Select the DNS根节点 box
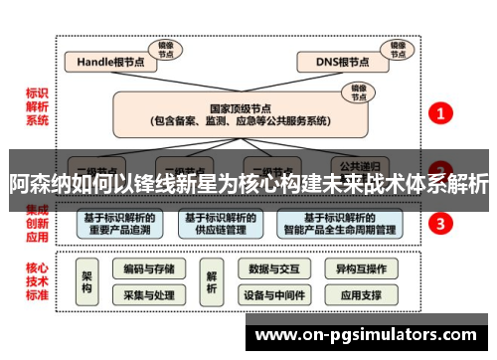[x=342, y=62]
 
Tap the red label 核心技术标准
[x=37, y=281]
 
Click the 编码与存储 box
[x=149, y=269]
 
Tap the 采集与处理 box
[x=149, y=294]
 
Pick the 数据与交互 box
[x=272, y=269]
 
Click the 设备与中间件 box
[x=272, y=294]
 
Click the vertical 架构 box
[x=87, y=282]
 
